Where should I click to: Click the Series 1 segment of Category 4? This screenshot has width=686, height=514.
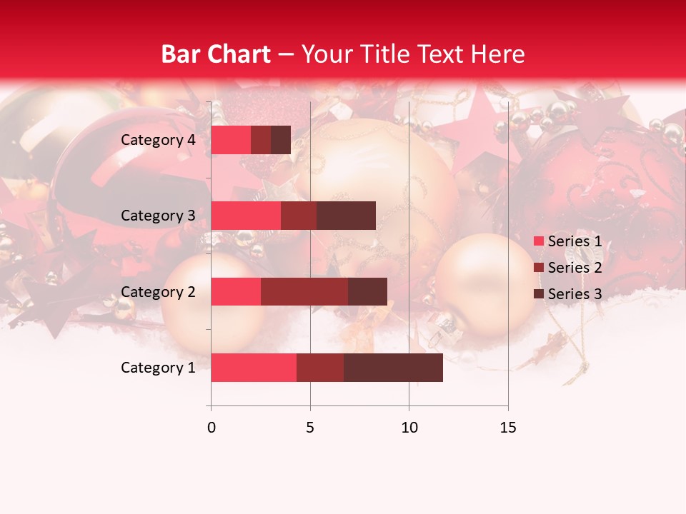(x=231, y=140)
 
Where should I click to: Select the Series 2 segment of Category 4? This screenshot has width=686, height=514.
(x=261, y=140)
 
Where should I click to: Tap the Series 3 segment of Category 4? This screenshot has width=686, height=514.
(x=281, y=140)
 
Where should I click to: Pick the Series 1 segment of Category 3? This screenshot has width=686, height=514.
(x=246, y=216)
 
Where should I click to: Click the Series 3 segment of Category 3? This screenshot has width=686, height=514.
(x=346, y=216)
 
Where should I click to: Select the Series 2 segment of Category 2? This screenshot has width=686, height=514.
(x=304, y=291)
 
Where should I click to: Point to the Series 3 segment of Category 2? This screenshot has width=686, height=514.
(x=367, y=291)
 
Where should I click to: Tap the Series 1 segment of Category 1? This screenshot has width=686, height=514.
(x=254, y=368)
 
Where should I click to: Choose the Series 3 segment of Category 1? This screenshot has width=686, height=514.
(x=393, y=368)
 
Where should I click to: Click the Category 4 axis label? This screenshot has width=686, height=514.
(x=158, y=140)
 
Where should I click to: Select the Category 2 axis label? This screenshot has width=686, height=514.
(x=158, y=291)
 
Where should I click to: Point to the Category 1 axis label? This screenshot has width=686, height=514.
(x=158, y=368)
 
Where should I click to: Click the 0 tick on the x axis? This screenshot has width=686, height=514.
(x=212, y=428)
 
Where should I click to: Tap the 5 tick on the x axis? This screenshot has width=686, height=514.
(x=310, y=428)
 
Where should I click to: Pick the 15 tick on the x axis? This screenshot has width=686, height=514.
(x=507, y=428)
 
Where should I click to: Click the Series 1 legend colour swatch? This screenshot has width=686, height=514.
(x=538, y=241)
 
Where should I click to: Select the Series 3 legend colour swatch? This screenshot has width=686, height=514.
(x=538, y=294)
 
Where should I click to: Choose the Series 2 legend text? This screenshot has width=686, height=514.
(x=575, y=268)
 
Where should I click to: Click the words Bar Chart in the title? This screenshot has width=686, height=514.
(x=216, y=54)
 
